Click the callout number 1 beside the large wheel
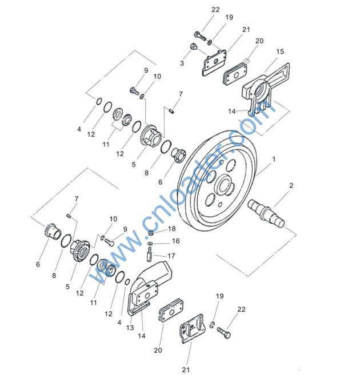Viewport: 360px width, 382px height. click(x=274, y=159)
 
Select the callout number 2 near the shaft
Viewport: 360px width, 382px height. click(x=291, y=185)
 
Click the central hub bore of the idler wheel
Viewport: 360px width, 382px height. click(x=224, y=186)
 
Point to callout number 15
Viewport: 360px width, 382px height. click(x=280, y=51)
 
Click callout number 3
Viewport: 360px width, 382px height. click(x=182, y=63)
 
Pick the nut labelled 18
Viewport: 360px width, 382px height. click(x=150, y=233)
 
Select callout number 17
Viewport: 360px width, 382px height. click(x=171, y=256)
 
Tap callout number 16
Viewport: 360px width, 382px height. click(x=176, y=241)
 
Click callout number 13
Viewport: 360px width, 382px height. click(x=130, y=328)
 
